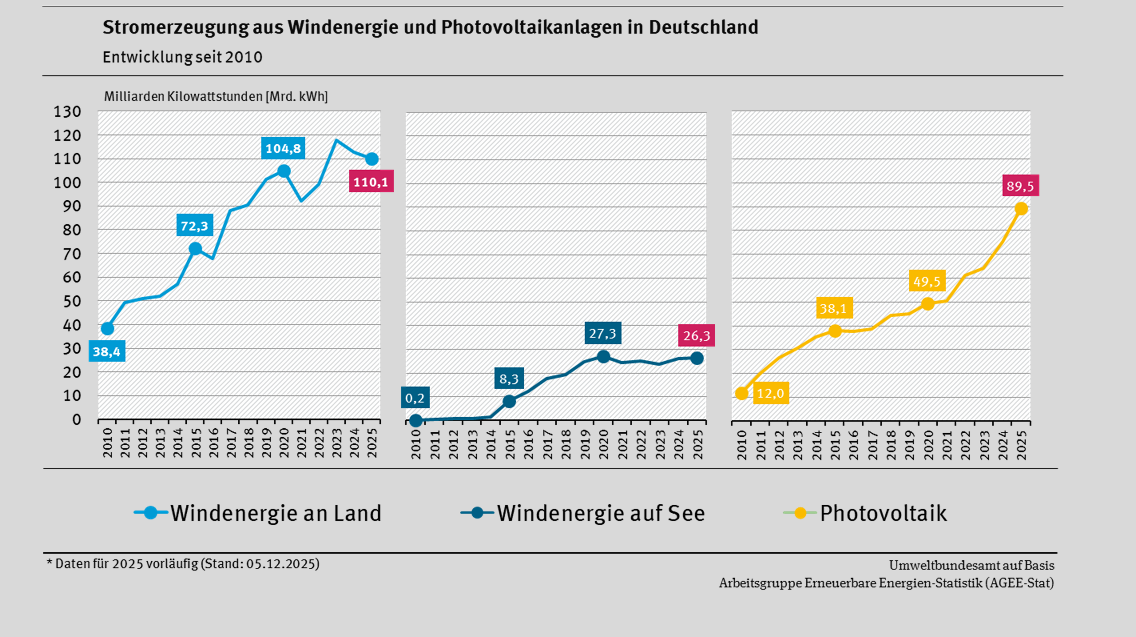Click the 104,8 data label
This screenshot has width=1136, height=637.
283,148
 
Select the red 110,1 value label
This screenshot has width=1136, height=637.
371,182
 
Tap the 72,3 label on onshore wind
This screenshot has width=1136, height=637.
194,226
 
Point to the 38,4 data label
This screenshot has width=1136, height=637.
107,351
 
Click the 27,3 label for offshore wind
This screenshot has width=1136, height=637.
603,333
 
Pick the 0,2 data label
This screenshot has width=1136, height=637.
414,398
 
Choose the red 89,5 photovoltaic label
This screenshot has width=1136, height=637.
1020,186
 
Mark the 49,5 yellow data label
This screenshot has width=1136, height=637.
927,281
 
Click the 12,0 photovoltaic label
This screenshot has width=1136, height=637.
771,393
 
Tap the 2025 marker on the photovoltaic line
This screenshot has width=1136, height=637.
1021,209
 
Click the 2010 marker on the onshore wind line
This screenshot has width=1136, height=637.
108,329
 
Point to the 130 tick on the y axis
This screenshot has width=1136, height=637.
68,112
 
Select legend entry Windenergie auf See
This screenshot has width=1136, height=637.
601,513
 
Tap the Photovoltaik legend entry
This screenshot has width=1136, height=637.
883,513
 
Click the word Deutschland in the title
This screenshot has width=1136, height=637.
703,27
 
